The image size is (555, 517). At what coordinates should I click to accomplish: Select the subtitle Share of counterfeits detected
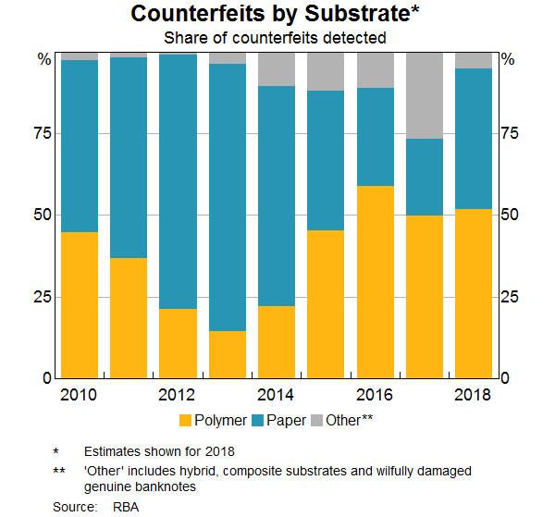(275, 38)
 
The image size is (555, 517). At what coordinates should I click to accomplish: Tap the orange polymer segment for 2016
(375, 282)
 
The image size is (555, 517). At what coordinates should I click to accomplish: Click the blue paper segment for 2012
(178, 181)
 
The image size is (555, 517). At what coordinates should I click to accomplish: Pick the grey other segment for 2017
(425, 95)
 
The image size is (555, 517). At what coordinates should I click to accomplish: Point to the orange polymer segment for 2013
(228, 354)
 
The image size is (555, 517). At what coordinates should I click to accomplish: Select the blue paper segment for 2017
(425, 177)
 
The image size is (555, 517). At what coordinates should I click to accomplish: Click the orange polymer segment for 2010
(79, 305)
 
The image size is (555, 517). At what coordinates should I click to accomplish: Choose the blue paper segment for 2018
(474, 139)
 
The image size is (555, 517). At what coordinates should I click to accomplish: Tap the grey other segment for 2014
(277, 69)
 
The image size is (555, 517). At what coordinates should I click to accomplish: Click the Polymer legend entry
(212, 421)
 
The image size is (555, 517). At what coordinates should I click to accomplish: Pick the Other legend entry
(343, 421)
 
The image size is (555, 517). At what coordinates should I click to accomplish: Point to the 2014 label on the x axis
(277, 396)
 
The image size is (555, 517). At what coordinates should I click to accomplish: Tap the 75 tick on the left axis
(43, 134)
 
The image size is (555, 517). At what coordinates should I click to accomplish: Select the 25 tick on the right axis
(510, 297)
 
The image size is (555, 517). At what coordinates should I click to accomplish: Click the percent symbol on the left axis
(43, 59)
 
